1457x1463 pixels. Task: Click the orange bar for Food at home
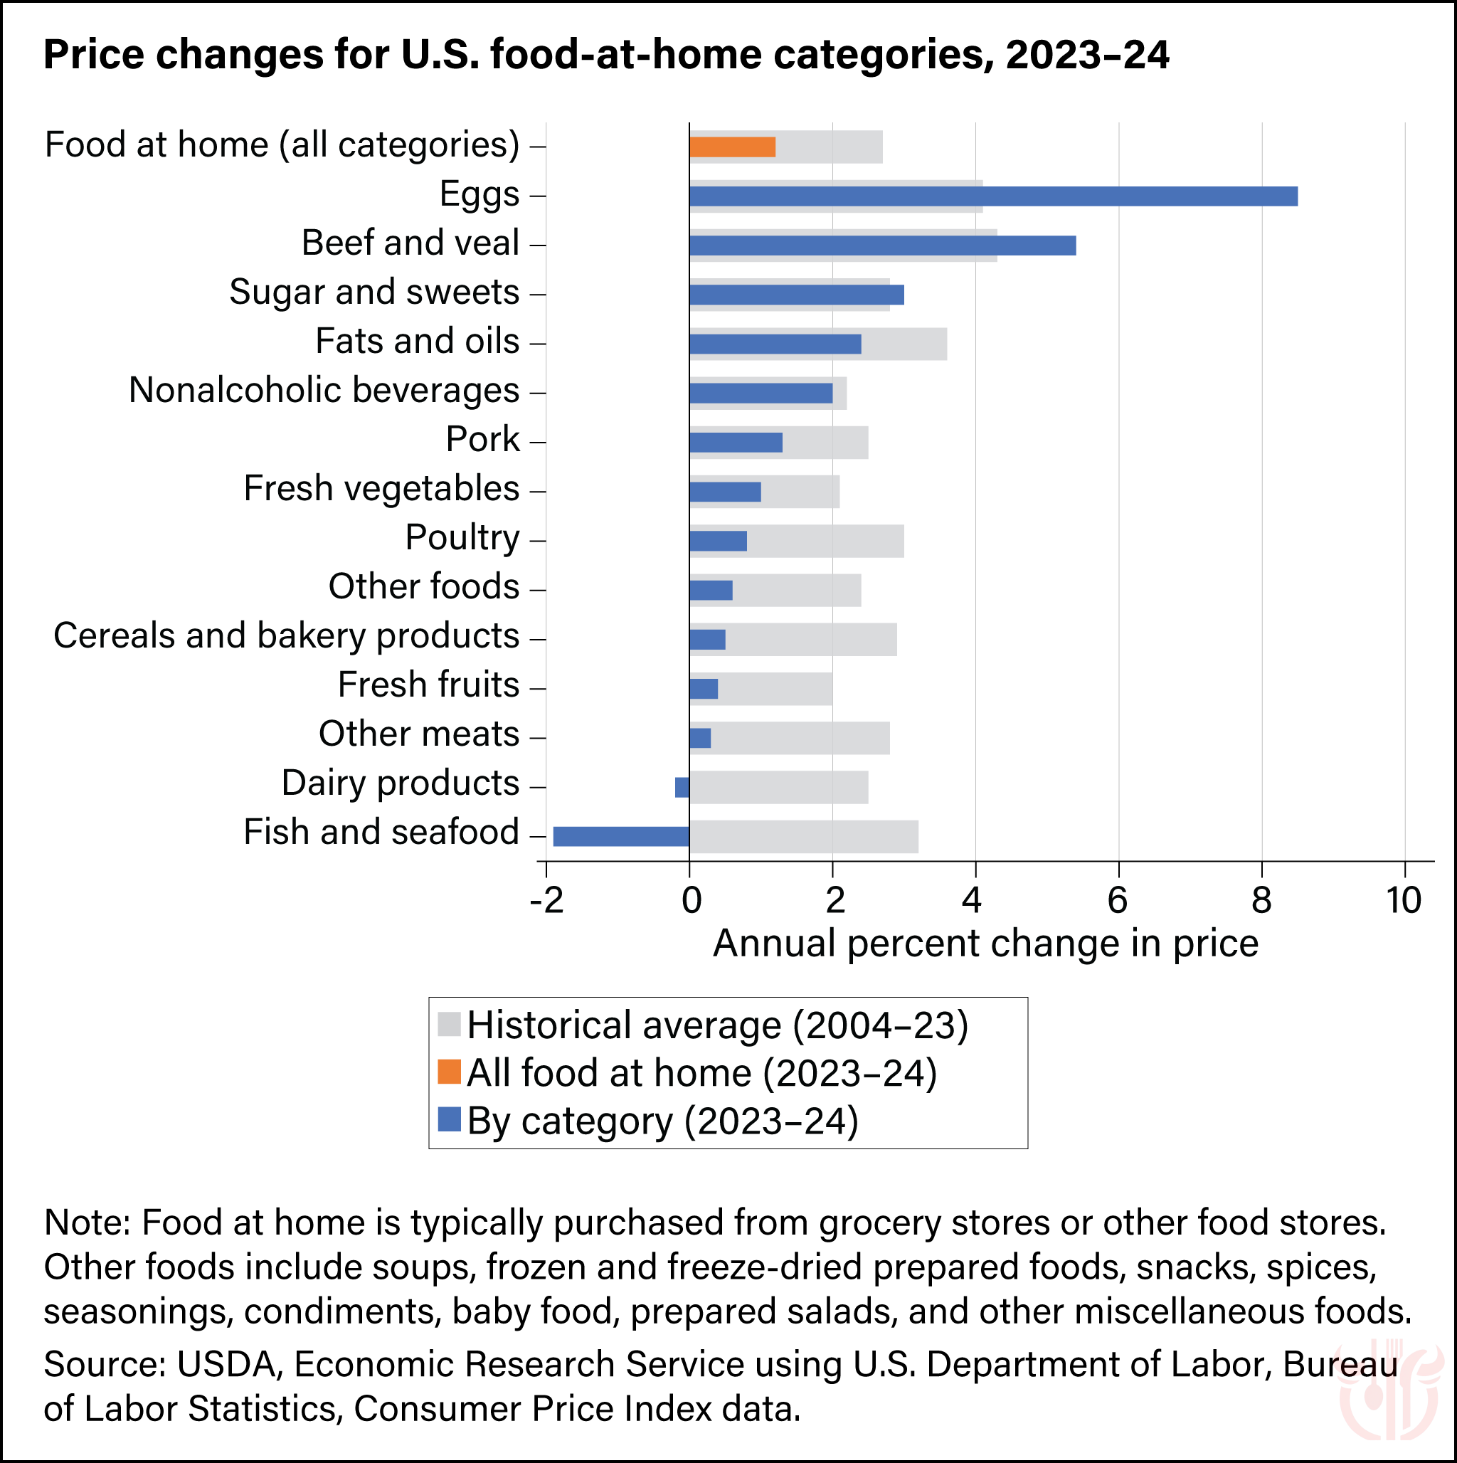tap(731, 147)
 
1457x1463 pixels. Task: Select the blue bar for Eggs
tap(992, 196)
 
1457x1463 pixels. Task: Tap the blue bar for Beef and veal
tap(882, 245)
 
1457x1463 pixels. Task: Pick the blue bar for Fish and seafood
tap(621, 836)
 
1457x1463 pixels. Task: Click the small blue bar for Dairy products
tap(682, 787)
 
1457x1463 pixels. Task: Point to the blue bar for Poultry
tap(718, 541)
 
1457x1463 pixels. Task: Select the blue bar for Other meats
tap(700, 738)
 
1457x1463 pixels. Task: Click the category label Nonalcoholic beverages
tap(324, 391)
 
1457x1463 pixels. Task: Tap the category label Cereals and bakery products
tap(286, 636)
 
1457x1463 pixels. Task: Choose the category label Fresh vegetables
tap(381, 488)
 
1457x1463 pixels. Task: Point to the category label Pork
tap(482, 439)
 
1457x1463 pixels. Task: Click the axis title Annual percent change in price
tap(985, 944)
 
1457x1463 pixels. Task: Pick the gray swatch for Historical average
tap(449, 1024)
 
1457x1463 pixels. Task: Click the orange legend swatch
tap(449, 1072)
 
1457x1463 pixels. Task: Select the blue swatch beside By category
tap(449, 1119)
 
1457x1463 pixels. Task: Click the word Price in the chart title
tap(92, 55)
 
